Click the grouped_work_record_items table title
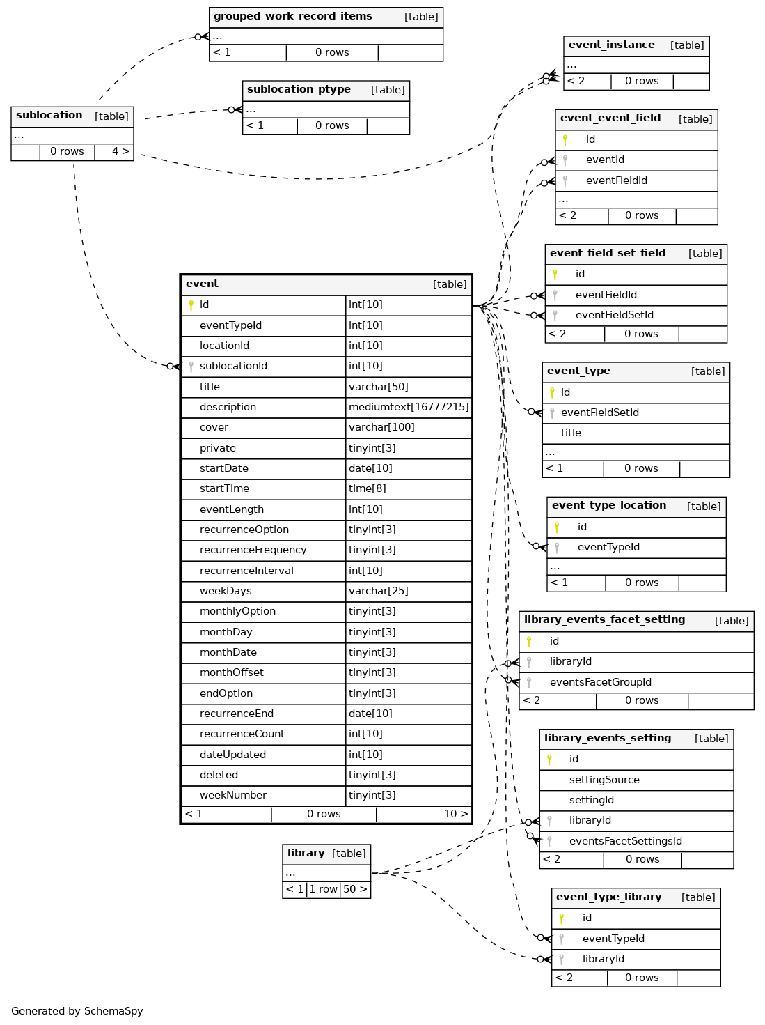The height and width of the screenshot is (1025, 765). (x=292, y=17)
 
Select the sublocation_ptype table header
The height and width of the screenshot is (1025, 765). (x=299, y=90)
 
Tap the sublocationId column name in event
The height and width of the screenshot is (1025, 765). (x=233, y=367)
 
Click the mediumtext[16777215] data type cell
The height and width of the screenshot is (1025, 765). (x=409, y=407)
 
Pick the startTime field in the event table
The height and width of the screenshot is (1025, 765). (x=224, y=489)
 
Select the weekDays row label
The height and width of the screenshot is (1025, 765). (x=226, y=592)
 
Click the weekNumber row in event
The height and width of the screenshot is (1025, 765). (x=232, y=796)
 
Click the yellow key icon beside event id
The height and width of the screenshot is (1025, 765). (x=191, y=305)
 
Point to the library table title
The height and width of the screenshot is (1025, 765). (x=306, y=854)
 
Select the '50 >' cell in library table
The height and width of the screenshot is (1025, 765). (x=355, y=890)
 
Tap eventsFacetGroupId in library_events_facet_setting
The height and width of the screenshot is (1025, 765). (x=600, y=683)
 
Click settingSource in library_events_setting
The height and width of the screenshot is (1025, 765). (x=604, y=780)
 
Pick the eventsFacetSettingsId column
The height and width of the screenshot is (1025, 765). (x=625, y=842)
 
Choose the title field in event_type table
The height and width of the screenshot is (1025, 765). (x=571, y=433)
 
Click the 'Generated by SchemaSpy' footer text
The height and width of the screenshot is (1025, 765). (x=77, y=1012)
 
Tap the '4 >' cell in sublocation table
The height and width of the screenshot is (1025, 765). (x=120, y=152)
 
